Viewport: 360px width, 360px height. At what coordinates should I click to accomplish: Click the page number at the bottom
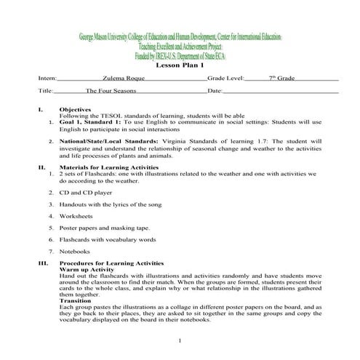[179, 340]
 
